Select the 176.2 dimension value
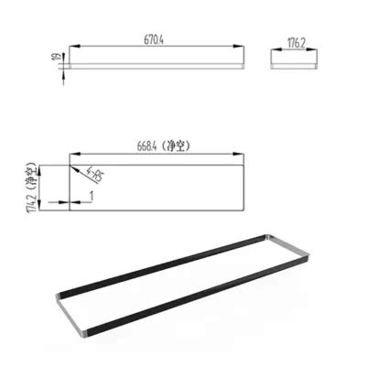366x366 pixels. (296, 41)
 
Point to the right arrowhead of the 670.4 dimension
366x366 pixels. (242, 46)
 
